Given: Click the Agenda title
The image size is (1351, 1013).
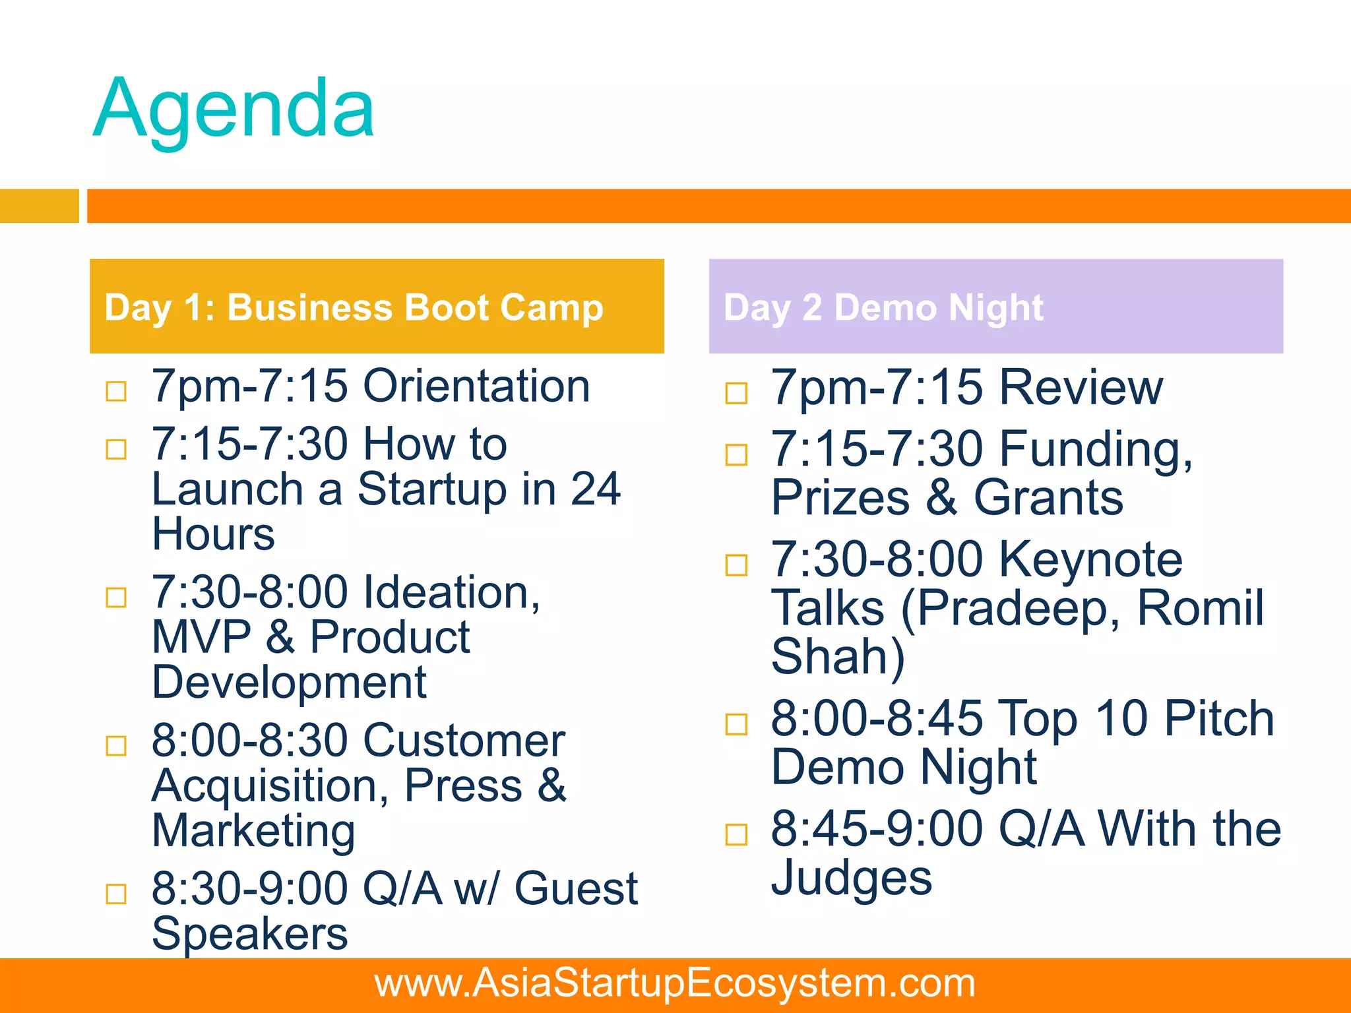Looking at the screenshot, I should click(234, 109).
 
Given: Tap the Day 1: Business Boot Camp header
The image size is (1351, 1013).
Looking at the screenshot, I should click(354, 307).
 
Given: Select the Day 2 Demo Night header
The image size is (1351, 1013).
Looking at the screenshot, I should click(883, 307).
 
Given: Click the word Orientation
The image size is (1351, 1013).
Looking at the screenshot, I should click(476, 386).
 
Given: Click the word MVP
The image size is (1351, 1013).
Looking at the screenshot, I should click(201, 637).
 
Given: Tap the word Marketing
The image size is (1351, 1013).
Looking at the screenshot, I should click(254, 830).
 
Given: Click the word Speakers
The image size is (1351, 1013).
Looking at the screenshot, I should click(249, 934).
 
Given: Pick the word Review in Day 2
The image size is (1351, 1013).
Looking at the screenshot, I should click(1081, 387).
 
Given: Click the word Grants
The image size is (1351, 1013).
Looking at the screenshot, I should click(1048, 498).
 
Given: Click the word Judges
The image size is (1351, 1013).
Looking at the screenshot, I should click(852, 878).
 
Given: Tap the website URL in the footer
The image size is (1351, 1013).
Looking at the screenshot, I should click(675, 983).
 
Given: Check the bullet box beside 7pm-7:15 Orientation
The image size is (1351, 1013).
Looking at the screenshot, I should click(116, 391).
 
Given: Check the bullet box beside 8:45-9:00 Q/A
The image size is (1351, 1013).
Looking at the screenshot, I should click(736, 834).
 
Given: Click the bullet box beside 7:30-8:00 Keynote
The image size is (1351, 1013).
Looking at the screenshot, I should click(736, 565).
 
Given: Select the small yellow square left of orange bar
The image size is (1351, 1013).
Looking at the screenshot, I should click(39, 206).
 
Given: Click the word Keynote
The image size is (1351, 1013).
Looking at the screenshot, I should click(1090, 559).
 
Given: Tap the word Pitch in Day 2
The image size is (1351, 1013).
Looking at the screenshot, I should click(1218, 718).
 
